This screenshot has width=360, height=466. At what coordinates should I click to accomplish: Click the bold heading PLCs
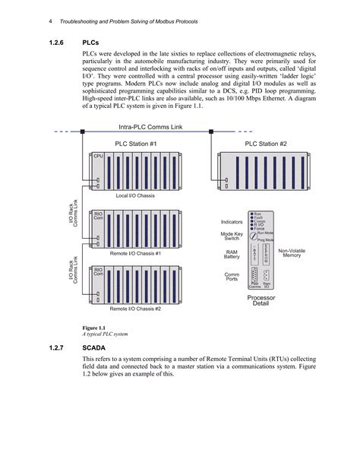tap(93, 43)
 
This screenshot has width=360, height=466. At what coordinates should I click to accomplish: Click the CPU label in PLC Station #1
tap(97, 155)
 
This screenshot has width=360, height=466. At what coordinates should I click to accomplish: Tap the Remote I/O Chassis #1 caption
tap(135, 252)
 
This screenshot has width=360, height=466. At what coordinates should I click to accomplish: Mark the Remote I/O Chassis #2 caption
tap(135, 309)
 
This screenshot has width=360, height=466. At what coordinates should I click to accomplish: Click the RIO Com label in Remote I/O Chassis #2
tap(98, 271)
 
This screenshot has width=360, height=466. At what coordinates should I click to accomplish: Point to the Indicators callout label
tap(231, 221)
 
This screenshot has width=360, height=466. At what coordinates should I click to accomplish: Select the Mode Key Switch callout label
tap(231, 237)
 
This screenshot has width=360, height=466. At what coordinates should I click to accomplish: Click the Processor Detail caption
tap(261, 301)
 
